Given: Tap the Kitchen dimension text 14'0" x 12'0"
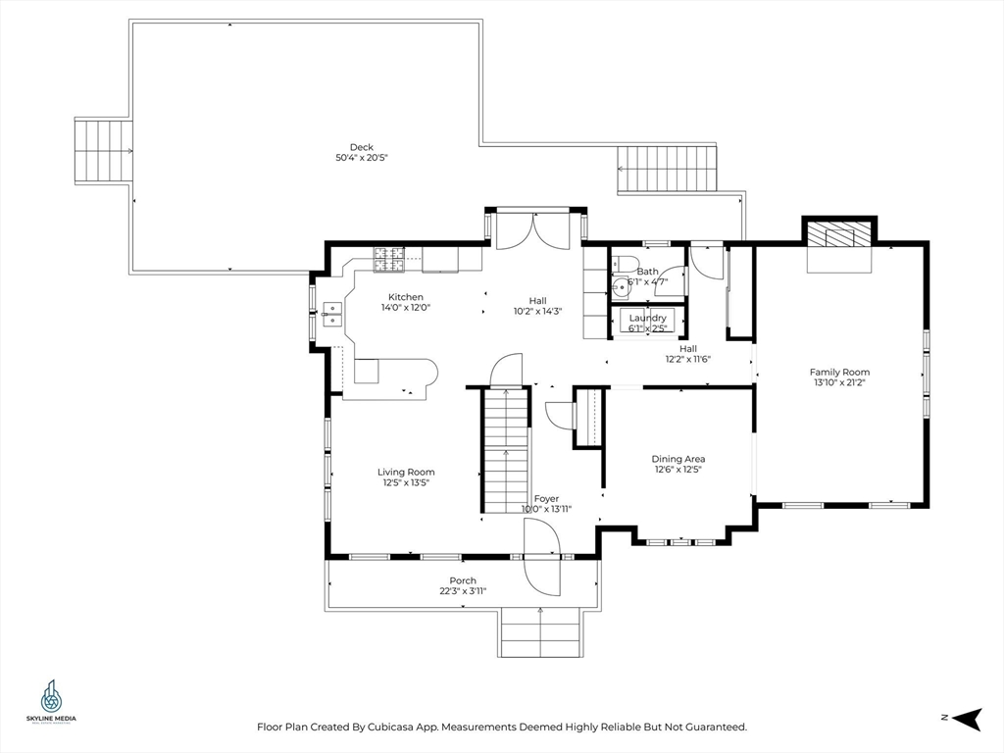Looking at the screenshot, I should click(x=406, y=308).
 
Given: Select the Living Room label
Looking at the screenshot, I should click(x=406, y=472).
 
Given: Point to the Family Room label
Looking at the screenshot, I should click(x=839, y=372).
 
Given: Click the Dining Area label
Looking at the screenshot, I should click(x=678, y=459).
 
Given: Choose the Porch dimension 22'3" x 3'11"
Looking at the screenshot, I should click(x=463, y=591).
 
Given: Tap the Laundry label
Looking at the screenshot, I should click(x=648, y=318).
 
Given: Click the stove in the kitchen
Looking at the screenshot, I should click(x=388, y=259).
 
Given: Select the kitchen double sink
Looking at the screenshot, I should click(x=331, y=314).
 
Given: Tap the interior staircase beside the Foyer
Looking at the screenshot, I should click(x=505, y=449).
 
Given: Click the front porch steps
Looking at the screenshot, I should click(x=540, y=632).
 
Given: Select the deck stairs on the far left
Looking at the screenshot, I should click(x=103, y=151).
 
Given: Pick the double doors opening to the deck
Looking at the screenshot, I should click(x=532, y=229).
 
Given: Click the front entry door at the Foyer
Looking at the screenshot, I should click(x=542, y=556).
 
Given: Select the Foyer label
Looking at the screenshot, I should click(x=546, y=498).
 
